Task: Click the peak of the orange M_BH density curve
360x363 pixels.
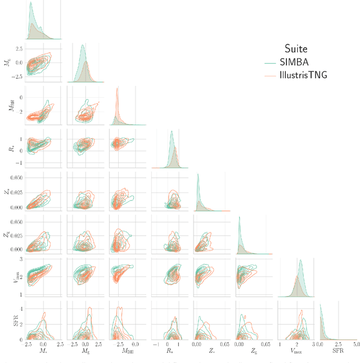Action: click(117, 88)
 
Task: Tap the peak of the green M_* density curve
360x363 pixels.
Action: click(30, 3)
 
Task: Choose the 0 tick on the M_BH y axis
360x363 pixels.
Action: click(20, 97)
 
